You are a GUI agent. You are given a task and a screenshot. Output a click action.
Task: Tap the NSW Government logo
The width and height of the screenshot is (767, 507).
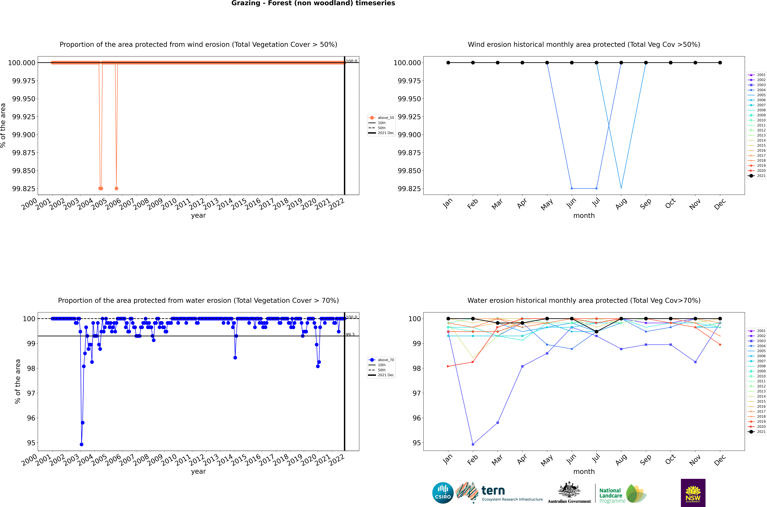pos(693,493)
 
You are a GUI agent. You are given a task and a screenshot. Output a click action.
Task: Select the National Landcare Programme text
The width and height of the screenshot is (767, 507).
pos(611,495)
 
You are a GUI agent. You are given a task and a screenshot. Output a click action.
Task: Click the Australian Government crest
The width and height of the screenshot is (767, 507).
pos(569,490)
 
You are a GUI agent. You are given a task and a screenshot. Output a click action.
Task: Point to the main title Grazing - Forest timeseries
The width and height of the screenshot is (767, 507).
pos(313,3)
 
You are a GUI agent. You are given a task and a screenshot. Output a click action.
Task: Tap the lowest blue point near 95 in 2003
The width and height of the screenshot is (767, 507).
pos(81,444)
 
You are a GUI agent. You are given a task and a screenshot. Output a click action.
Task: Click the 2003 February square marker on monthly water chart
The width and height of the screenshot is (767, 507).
pos(473,444)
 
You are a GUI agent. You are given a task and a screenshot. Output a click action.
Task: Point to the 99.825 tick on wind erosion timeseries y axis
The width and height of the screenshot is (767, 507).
pos(23,188)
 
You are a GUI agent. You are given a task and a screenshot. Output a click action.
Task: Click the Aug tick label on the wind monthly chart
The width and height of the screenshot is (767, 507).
pos(621,204)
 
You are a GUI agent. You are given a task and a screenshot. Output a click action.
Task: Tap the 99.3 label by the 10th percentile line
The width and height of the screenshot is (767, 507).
pos(350,334)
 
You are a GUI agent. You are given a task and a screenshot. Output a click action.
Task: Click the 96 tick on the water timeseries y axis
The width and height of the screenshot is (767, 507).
pos(31,418)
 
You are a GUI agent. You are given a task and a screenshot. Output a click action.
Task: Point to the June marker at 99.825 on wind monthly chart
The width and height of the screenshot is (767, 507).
pos(572,188)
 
